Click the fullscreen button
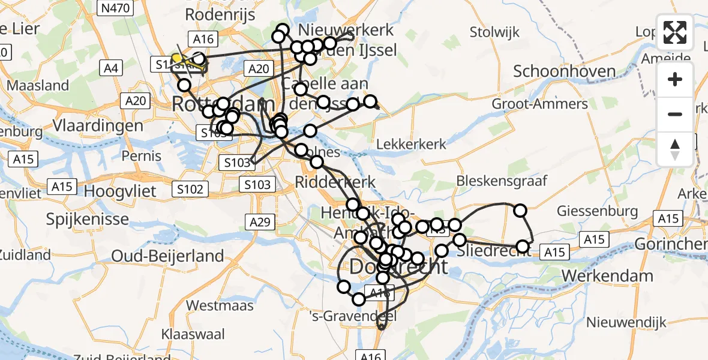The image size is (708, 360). (675, 32)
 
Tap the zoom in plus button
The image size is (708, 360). (675, 79)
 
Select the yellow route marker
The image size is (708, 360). (176, 58)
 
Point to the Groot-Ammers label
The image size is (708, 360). (531, 104)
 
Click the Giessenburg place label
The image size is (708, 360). (597, 211)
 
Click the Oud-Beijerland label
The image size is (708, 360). (167, 256)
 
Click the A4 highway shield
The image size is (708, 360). (110, 68)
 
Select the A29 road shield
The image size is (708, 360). (260, 223)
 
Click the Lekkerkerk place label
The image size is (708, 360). (411, 144)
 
